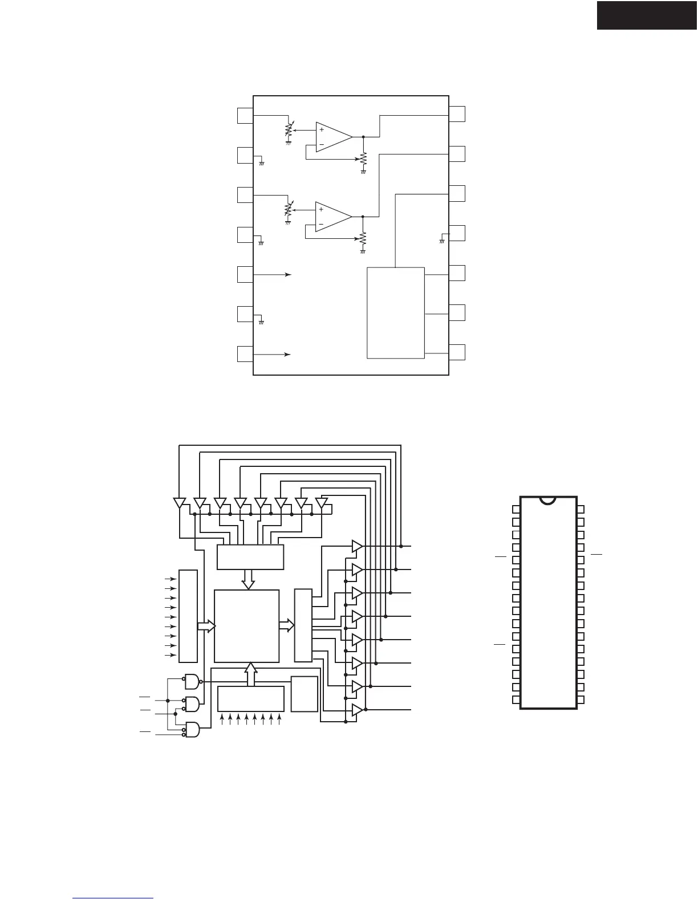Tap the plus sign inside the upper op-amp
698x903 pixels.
tap(322, 129)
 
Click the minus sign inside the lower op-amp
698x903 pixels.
tap(322, 225)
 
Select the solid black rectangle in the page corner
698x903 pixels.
tap(647, 15)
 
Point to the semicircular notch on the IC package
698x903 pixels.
tap(548, 500)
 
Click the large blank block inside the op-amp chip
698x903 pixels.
tap(395, 312)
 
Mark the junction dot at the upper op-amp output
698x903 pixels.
tap(363, 137)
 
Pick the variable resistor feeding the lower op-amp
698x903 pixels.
tap(288, 210)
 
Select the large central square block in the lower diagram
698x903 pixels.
tap(246, 626)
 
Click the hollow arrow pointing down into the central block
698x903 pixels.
tap(248, 579)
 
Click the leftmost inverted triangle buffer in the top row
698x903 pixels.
tap(179, 503)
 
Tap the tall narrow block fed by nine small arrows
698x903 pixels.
tap(188, 616)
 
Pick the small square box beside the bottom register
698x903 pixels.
tap(304, 694)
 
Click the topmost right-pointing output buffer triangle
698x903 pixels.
tap(357, 546)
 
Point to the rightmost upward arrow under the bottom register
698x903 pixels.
tap(279, 718)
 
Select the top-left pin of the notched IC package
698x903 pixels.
tap(516, 509)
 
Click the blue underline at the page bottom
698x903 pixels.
tap(113, 899)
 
